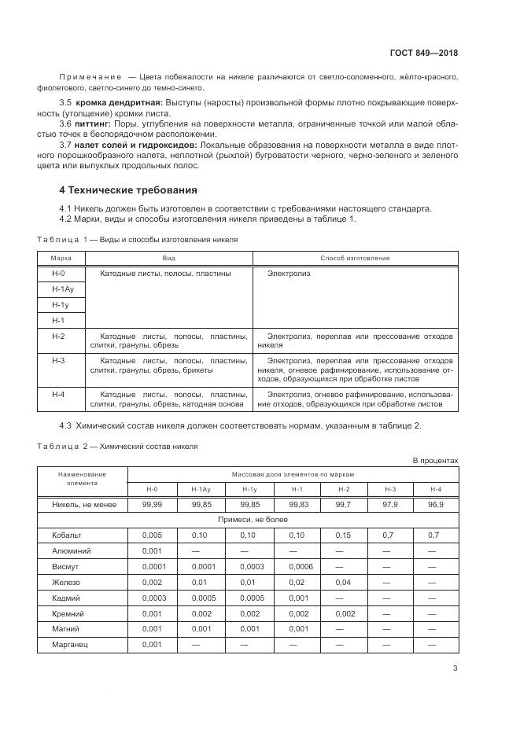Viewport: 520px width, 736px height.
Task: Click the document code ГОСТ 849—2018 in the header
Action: click(x=423, y=53)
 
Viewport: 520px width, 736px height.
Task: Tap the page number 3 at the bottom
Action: click(x=455, y=669)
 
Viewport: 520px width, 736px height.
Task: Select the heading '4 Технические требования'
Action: click(x=128, y=190)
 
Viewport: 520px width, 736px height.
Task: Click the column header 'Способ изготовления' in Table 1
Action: click(x=355, y=258)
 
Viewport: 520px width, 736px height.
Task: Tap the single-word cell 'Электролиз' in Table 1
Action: click(x=289, y=273)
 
